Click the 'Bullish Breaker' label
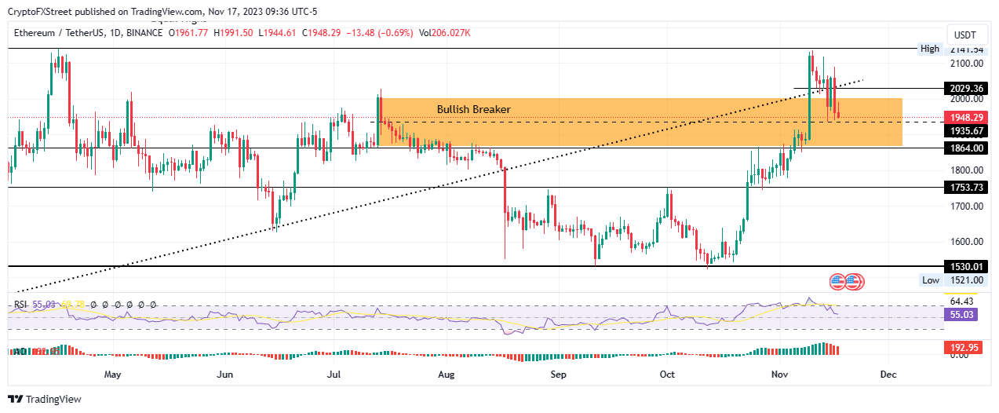pos(473,109)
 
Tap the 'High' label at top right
pos(929,49)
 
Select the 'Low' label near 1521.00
pos(931,280)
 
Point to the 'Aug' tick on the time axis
pos(447,375)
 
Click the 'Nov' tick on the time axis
pos(778,375)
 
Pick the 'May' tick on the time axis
pos(113,375)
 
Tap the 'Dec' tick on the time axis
pos(888,375)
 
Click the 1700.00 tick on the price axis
pos(965,206)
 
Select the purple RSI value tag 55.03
pos(962,314)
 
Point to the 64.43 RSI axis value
pos(962,302)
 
